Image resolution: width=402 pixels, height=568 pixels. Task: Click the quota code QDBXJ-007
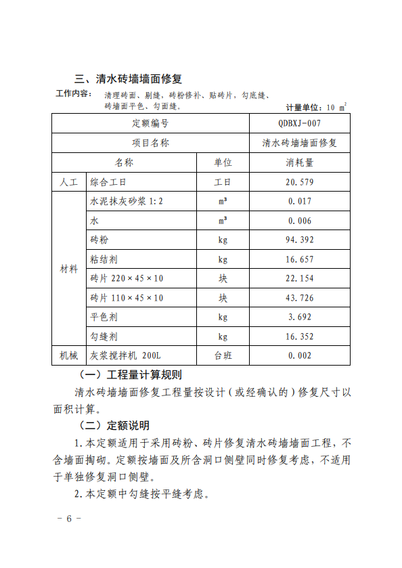click(299, 124)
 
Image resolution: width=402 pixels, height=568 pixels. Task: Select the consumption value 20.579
click(299, 182)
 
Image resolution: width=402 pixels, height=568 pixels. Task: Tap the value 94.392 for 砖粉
click(299, 240)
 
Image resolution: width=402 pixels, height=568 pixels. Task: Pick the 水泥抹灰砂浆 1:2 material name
click(127, 201)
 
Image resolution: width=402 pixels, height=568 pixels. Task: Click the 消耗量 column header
click(299, 162)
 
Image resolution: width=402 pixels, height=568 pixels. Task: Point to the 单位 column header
click(223, 162)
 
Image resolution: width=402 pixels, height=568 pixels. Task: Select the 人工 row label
click(69, 182)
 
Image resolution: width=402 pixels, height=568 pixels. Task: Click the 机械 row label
click(69, 355)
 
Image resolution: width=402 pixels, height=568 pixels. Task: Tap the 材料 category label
click(69, 269)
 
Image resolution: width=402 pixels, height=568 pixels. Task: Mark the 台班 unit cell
click(223, 355)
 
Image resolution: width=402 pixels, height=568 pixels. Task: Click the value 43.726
click(299, 298)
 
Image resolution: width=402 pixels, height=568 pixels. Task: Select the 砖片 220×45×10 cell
click(127, 278)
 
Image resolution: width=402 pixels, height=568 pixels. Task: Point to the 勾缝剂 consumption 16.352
click(299, 336)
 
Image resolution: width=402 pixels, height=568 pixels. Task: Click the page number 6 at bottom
click(68, 519)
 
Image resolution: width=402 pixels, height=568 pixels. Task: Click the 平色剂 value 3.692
click(299, 317)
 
